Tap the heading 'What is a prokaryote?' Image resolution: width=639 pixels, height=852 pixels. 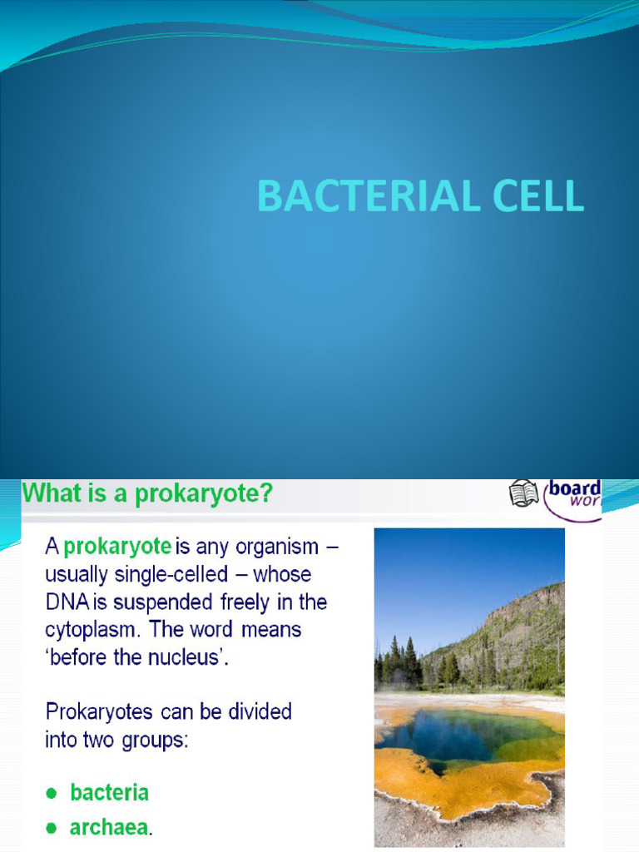[x=147, y=494]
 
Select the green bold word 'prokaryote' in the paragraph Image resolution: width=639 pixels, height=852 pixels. [x=117, y=547]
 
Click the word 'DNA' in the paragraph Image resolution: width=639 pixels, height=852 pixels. [x=62, y=602]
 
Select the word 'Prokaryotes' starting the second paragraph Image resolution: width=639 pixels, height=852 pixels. [x=97, y=711]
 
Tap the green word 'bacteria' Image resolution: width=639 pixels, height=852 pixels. [x=110, y=793]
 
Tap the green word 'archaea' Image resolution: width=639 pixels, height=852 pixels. [x=109, y=828]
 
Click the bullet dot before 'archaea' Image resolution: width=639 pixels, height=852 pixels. [x=52, y=829]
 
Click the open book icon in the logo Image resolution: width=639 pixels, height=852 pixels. [x=523, y=493]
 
